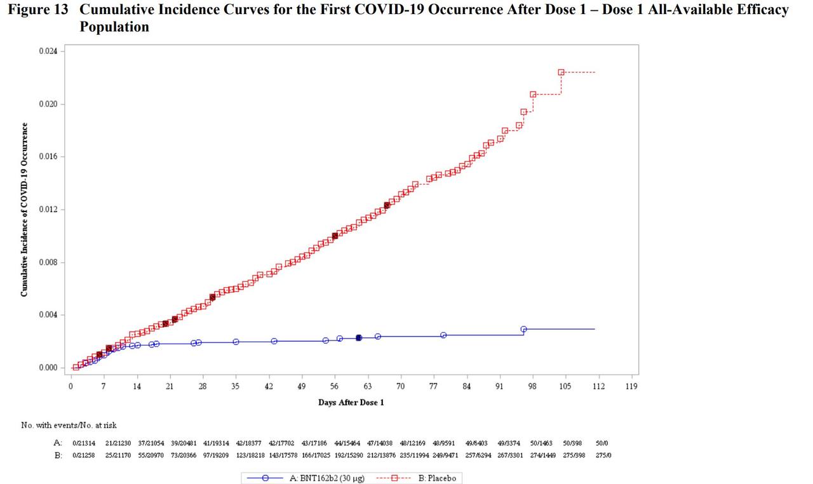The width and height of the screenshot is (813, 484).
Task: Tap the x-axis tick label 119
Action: tap(631, 386)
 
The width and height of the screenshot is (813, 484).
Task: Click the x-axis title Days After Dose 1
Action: tap(351, 403)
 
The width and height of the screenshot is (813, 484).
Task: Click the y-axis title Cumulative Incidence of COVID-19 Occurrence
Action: tap(24, 210)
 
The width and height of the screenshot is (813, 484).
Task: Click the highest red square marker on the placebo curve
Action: tap(561, 72)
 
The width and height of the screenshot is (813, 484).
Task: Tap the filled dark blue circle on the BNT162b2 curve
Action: tap(359, 338)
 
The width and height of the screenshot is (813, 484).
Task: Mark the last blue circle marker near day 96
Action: tap(523, 329)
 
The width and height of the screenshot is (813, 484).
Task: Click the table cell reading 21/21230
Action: tap(118, 443)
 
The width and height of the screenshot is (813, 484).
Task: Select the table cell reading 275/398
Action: tap(575, 455)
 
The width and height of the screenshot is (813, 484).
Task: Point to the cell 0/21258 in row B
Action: tap(84, 455)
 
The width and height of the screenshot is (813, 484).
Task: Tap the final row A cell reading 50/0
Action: tap(603, 443)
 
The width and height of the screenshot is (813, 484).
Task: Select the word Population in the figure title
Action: tap(114, 27)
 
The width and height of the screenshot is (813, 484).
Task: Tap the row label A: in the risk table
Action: tap(58, 443)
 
